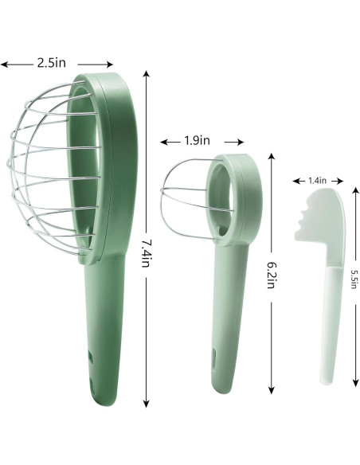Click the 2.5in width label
click(52, 63)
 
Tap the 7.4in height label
click(146, 253)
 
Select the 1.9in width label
click(197, 140)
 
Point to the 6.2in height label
click(272, 275)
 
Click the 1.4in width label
click(317, 181)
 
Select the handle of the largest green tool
click(104, 326)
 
